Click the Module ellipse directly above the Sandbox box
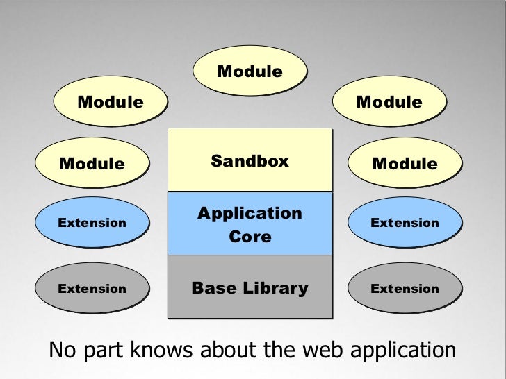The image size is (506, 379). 250,71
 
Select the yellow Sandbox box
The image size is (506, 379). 250,161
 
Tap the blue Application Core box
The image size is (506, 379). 250,224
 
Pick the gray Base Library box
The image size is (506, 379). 250,287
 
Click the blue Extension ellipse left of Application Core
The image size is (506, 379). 92,223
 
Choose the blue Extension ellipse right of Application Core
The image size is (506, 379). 405,223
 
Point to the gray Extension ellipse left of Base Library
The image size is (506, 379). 92,288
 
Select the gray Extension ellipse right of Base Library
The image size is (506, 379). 405,288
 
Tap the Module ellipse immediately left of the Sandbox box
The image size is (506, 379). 92,164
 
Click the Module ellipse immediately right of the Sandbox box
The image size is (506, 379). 405,164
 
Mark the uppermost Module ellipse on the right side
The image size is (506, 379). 389,102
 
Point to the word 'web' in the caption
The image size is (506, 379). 314,351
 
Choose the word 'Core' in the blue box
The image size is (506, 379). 250,237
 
